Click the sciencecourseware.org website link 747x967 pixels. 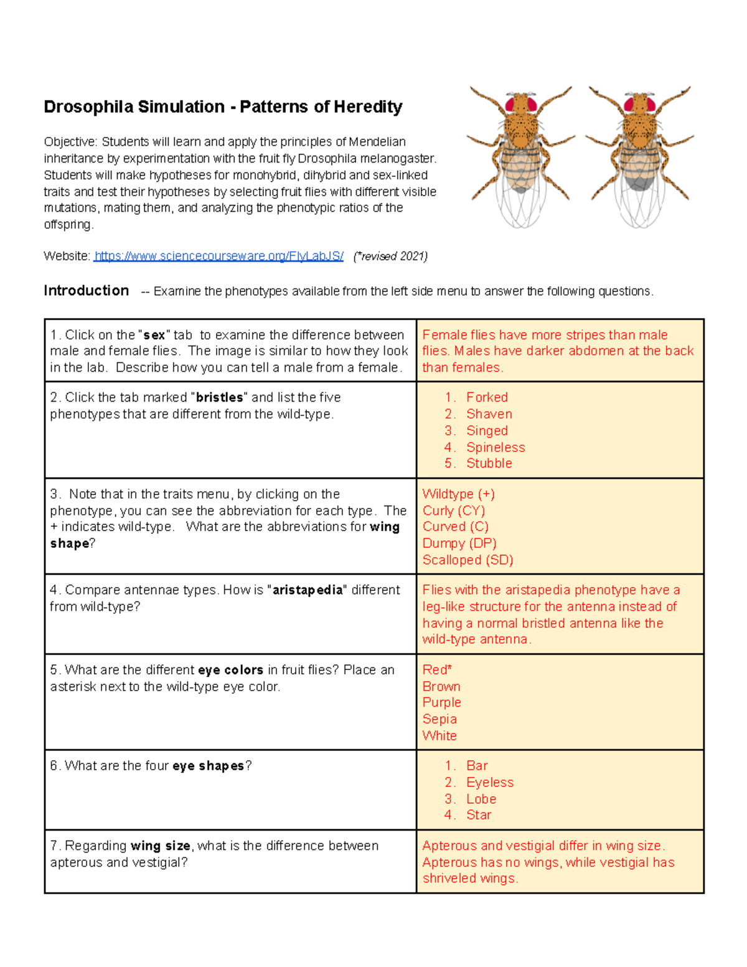click(218, 256)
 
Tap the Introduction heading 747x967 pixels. click(86, 291)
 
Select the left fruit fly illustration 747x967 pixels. click(520, 156)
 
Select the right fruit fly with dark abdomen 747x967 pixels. click(640, 156)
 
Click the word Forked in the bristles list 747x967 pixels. click(487, 397)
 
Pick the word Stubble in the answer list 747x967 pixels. click(489, 463)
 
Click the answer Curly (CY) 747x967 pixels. click(453, 511)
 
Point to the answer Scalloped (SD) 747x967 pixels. click(467, 560)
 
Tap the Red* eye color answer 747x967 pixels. click(437, 670)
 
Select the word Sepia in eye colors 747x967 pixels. click(439, 719)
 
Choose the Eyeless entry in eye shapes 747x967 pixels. click(490, 783)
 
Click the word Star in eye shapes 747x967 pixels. click(479, 815)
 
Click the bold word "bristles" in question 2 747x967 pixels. click(220, 397)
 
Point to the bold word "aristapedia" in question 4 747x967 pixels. click(308, 590)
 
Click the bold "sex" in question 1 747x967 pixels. click(154, 335)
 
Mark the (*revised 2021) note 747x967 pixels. click(390, 256)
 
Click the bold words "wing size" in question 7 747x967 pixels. click(160, 846)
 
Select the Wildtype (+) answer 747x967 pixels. click(458, 494)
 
